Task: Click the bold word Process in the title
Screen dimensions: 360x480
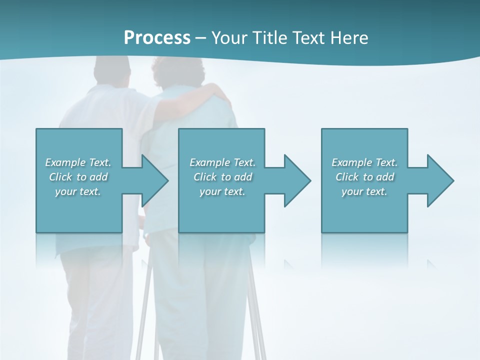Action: pyautogui.click(x=157, y=38)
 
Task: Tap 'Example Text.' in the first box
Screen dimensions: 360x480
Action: pyautogui.click(x=78, y=162)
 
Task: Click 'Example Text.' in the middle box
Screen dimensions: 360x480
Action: pyautogui.click(x=222, y=162)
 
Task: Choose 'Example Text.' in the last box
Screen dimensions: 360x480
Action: pyautogui.click(x=364, y=162)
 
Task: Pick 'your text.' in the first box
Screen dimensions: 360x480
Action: pyautogui.click(x=78, y=191)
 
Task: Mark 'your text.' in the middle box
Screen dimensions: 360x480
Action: pyautogui.click(x=222, y=191)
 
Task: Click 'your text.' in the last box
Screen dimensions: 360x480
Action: pyautogui.click(x=364, y=191)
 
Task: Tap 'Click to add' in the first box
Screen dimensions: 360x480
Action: pyautogui.click(x=78, y=177)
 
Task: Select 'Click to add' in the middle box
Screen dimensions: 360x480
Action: pyautogui.click(x=222, y=177)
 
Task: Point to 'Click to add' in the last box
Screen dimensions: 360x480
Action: pyautogui.click(x=364, y=177)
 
